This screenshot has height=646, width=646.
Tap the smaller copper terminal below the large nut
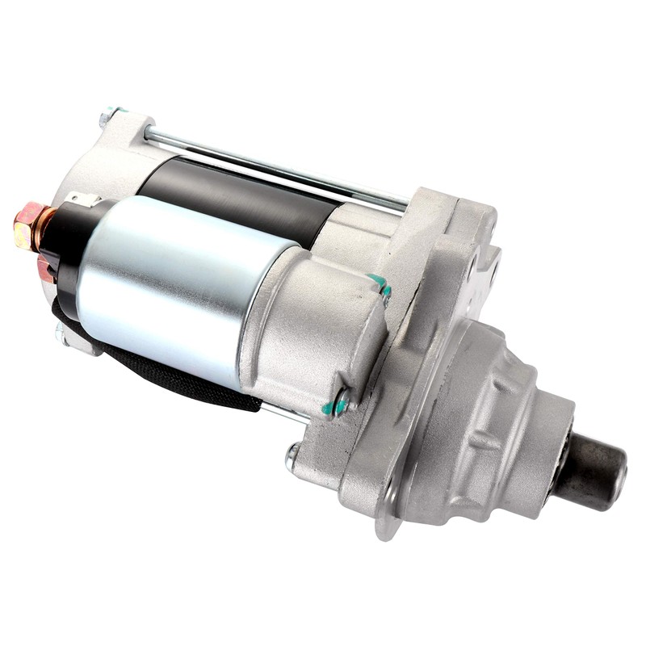point(45,269)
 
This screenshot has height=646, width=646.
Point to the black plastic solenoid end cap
point(69,250)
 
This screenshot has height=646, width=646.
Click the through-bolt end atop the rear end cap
point(108,115)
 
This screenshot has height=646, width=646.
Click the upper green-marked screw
point(380,285)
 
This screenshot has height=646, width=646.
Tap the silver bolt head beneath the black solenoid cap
point(62,333)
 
